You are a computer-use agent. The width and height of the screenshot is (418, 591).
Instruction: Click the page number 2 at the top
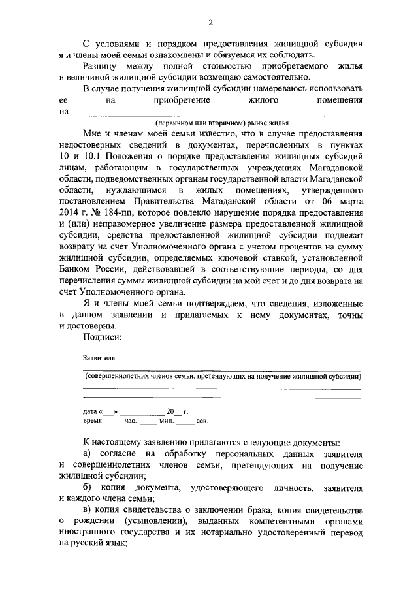[210, 23]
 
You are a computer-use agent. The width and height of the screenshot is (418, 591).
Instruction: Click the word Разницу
[101, 66]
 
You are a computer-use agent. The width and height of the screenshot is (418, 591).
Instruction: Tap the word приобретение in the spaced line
[182, 101]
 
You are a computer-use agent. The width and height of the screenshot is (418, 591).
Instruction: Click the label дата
[89, 412]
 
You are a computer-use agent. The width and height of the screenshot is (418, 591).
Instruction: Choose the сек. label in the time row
[184, 421]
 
